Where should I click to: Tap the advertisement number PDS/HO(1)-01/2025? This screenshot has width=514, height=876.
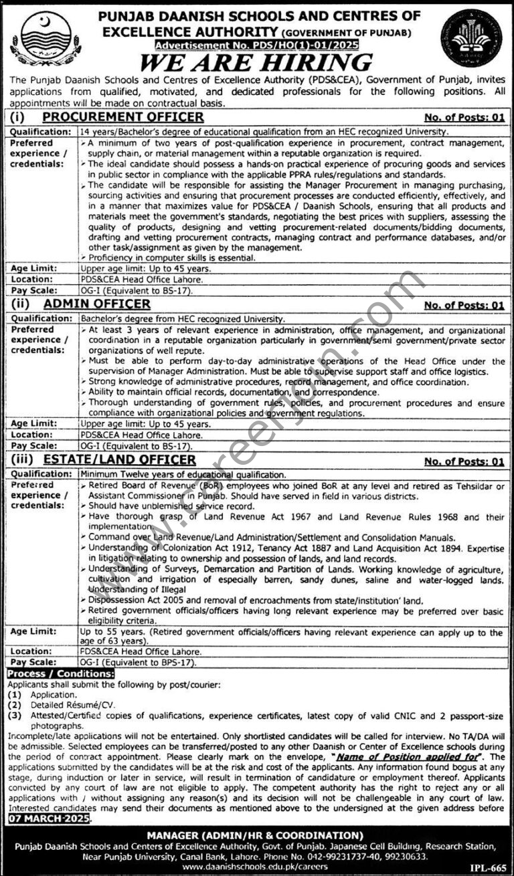pyautogui.click(x=256, y=45)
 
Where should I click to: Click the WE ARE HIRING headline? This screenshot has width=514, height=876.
pyautogui.click(x=257, y=62)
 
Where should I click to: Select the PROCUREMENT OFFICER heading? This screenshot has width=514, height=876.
pyautogui.click(x=123, y=117)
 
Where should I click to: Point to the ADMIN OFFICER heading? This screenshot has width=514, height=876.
pyautogui.click(x=96, y=304)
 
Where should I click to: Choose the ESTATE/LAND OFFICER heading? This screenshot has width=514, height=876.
pyautogui.click(x=119, y=459)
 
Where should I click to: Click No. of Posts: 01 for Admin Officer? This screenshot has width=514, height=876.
pyautogui.click(x=464, y=305)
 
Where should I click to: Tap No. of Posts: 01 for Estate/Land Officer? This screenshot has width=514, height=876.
pyautogui.click(x=464, y=461)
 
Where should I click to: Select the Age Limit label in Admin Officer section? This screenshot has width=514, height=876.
pyautogui.click(x=30, y=424)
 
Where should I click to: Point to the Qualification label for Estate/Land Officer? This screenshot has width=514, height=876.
pyautogui.click(x=39, y=473)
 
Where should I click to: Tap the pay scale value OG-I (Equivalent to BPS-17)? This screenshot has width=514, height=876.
pyautogui.click(x=137, y=662)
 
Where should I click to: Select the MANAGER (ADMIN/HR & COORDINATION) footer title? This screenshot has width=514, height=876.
pyautogui.click(x=257, y=835)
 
